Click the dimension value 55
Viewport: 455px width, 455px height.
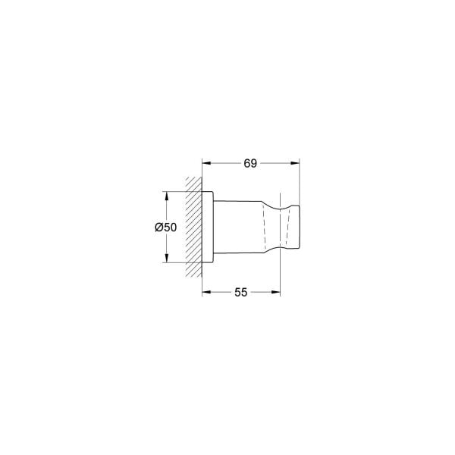[240, 291]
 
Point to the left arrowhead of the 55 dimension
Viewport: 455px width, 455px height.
[206, 291]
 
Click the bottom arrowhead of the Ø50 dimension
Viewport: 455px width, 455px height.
[165, 260]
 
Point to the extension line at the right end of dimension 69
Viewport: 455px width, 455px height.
[301, 182]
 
